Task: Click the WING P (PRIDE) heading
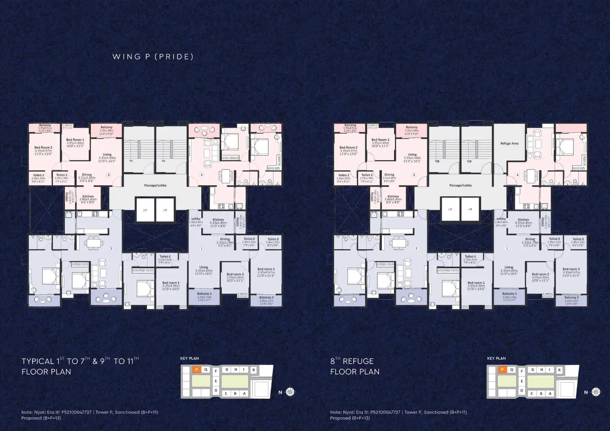pyautogui.click(x=153, y=57)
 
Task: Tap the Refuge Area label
pyautogui.click(x=509, y=143)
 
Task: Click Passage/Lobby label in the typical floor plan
pyautogui.click(x=155, y=185)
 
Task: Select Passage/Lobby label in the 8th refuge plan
pyautogui.click(x=460, y=185)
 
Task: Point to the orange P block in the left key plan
pyautogui.click(x=196, y=370)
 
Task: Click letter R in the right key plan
pyautogui.click(x=559, y=370)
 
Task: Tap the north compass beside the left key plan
pyautogui.click(x=290, y=392)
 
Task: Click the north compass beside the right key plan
pyautogui.click(x=596, y=392)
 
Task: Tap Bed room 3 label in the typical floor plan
pyautogui.click(x=266, y=269)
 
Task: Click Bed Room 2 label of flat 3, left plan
pyautogui.click(x=43, y=148)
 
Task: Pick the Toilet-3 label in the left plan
pyautogui.click(x=273, y=239)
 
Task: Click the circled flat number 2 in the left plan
pyautogui.click(x=111, y=249)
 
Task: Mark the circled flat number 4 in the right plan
pyautogui.click(x=517, y=175)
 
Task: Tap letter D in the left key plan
pyautogui.click(x=216, y=390)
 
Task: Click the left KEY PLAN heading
pyautogui.click(x=189, y=358)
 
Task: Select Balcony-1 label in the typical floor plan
pyautogui.click(x=204, y=294)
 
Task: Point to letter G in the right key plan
pyautogui.click(x=532, y=370)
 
